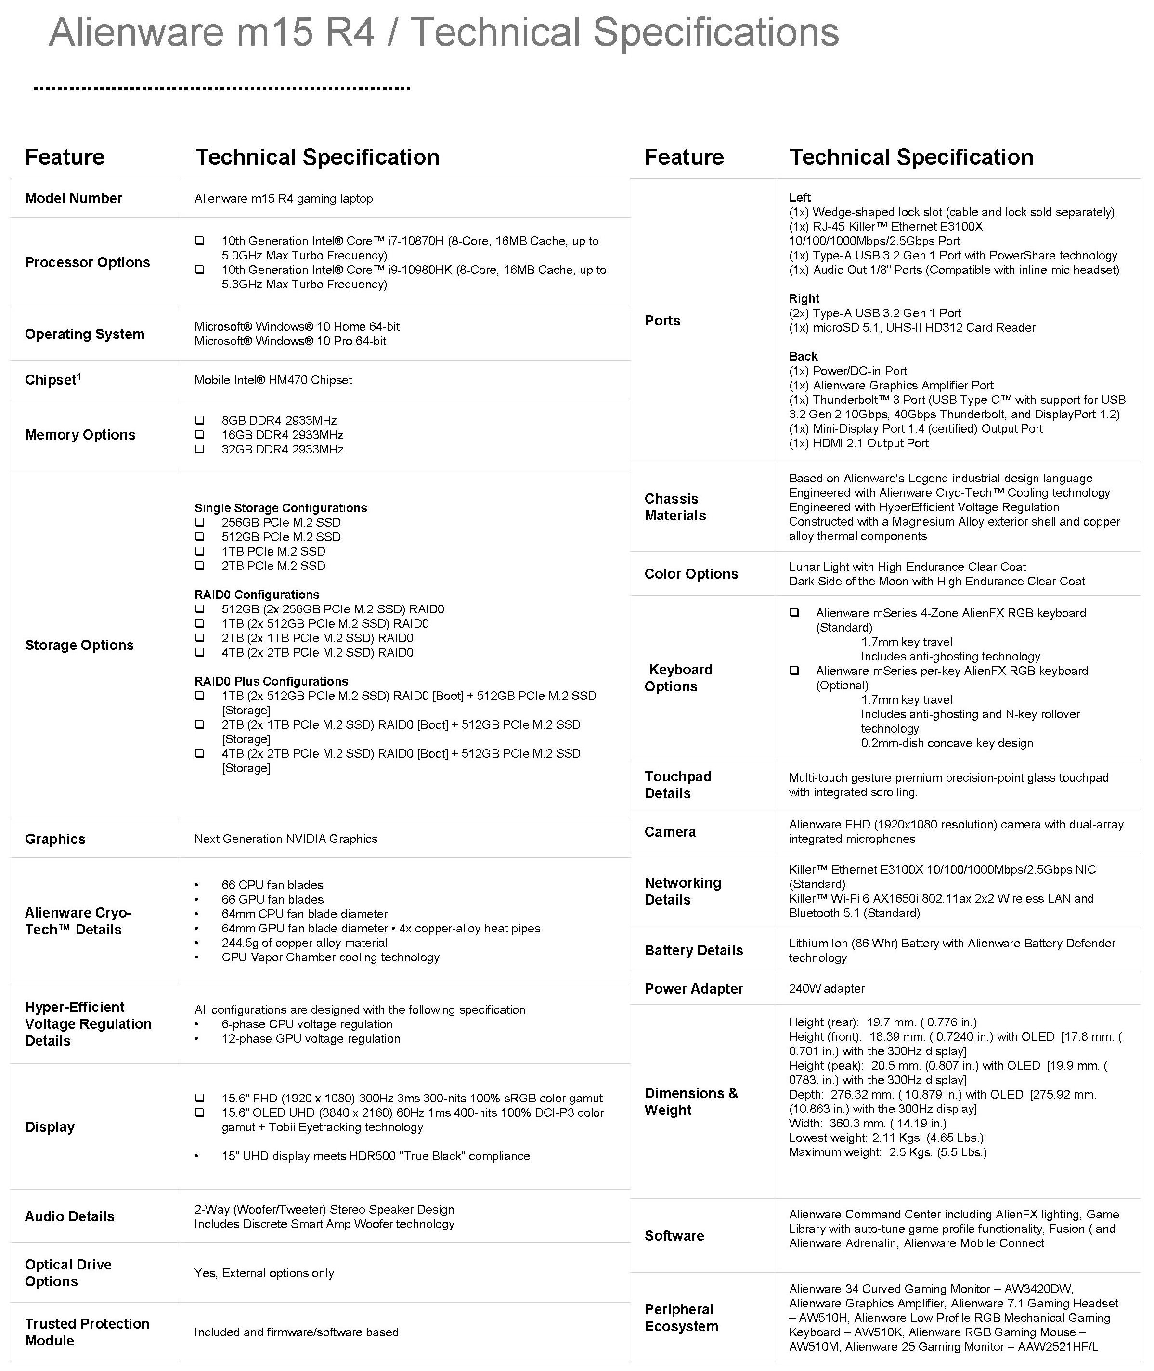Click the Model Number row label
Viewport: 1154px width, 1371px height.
point(73,198)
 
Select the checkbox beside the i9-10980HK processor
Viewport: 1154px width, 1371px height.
point(199,270)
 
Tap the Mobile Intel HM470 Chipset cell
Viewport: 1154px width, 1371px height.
point(273,380)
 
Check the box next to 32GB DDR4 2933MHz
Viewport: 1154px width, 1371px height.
point(199,449)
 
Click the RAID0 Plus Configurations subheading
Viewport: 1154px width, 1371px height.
point(271,681)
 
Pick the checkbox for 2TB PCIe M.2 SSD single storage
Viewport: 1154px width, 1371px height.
point(199,566)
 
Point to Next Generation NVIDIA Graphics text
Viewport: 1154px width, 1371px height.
point(286,839)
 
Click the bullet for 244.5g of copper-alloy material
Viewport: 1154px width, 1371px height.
point(197,943)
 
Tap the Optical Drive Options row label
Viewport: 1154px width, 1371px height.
point(68,1273)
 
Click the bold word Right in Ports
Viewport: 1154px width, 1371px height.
point(804,298)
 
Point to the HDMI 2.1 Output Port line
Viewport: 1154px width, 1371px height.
point(858,443)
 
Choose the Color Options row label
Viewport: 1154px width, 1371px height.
point(691,574)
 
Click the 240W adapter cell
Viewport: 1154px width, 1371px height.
point(826,988)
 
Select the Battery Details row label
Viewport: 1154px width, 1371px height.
point(693,950)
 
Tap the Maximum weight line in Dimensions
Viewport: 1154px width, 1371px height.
point(888,1152)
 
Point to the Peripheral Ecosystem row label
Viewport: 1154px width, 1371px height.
point(681,1318)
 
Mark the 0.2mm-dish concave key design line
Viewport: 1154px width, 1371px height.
point(947,743)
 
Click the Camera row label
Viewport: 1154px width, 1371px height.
point(670,832)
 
